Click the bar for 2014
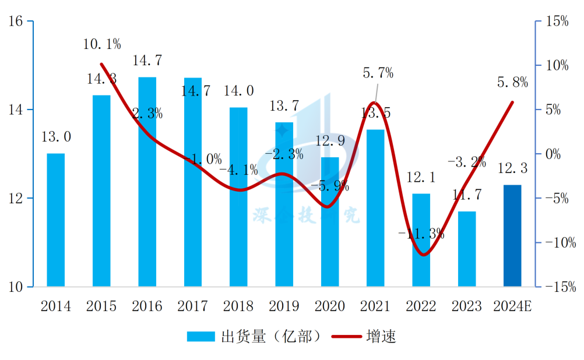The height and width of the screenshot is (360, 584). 55,220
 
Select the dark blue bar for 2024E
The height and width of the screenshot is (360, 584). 512,236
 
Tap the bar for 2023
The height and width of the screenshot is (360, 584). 467,249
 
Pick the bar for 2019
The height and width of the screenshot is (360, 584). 284,204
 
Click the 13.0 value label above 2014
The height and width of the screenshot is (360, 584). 56,137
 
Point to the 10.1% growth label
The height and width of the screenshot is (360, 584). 102,44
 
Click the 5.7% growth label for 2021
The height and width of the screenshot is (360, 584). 378,73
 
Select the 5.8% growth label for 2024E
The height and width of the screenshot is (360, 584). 512,83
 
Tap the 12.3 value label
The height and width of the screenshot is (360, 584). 512,168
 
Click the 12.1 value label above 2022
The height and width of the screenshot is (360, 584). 421,177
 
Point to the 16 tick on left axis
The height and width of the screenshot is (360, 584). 15,22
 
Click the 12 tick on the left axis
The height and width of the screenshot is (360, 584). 15,199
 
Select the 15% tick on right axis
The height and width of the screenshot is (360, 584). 556,22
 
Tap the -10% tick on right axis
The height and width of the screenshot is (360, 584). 556,243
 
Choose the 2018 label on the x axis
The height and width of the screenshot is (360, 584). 238,306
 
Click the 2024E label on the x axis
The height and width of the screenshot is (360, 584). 512,306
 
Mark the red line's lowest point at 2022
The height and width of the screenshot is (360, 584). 424,255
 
